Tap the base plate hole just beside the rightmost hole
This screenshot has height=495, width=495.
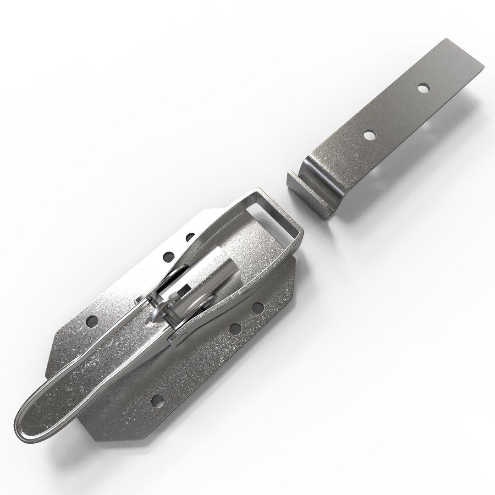(236, 328)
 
